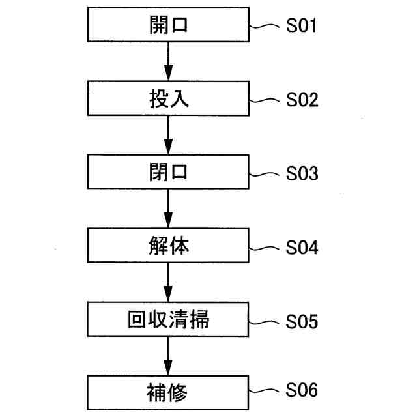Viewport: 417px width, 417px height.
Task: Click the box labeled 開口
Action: point(168,25)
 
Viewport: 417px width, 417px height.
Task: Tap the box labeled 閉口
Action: point(168,173)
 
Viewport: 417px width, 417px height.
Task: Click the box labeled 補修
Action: point(168,393)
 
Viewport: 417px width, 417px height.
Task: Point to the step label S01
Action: point(302,27)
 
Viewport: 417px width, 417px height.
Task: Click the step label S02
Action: point(302,100)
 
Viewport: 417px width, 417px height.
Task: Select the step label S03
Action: point(302,174)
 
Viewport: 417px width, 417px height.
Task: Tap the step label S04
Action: point(302,248)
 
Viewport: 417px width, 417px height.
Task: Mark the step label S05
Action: point(302,321)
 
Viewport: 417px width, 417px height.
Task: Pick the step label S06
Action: point(302,391)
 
